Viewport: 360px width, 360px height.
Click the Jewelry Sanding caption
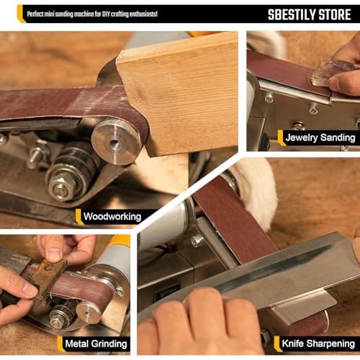point(319,138)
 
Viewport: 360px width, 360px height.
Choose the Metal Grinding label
point(96,343)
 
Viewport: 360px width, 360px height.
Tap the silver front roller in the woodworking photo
point(115,142)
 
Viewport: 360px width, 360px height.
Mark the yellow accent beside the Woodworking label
point(79,216)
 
